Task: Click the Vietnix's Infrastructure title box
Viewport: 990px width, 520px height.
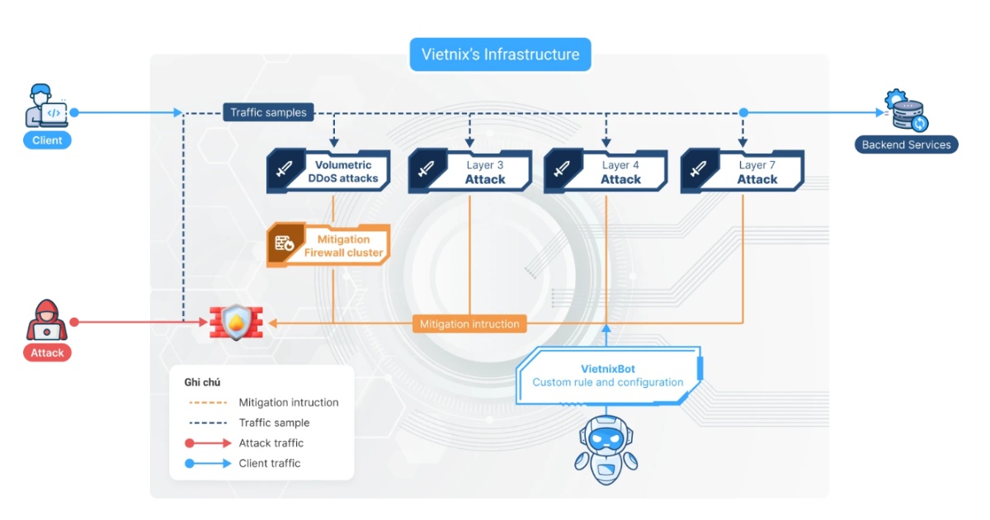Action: pyautogui.click(x=500, y=55)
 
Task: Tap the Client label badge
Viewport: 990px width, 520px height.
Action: pyautogui.click(x=47, y=140)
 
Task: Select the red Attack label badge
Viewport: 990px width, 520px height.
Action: pyautogui.click(x=47, y=352)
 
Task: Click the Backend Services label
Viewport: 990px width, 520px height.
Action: pyautogui.click(x=906, y=144)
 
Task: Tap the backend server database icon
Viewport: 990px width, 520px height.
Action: pyautogui.click(x=907, y=112)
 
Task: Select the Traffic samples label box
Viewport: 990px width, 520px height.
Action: pyautogui.click(x=268, y=112)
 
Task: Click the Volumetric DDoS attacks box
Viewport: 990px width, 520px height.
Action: pyautogui.click(x=328, y=172)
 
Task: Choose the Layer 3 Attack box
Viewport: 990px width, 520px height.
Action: pyautogui.click(x=470, y=172)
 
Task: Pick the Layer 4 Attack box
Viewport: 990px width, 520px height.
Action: pyautogui.click(x=606, y=172)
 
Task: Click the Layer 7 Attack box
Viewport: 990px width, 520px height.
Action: pyautogui.click(x=742, y=172)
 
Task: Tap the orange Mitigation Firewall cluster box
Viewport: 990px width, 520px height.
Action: pyautogui.click(x=328, y=246)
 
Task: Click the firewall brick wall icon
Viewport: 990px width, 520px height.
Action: pyautogui.click(x=235, y=323)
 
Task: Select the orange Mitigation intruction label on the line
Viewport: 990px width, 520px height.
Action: pyautogui.click(x=469, y=324)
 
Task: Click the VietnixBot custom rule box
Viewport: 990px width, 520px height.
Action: pyautogui.click(x=608, y=376)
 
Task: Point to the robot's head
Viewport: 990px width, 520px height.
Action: pyautogui.click(x=606, y=433)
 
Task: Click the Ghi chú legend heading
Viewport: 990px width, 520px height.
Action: pyautogui.click(x=202, y=382)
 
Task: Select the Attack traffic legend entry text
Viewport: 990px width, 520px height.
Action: pyautogui.click(x=271, y=443)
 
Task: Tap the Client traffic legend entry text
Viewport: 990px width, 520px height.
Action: pyautogui.click(x=270, y=463)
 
